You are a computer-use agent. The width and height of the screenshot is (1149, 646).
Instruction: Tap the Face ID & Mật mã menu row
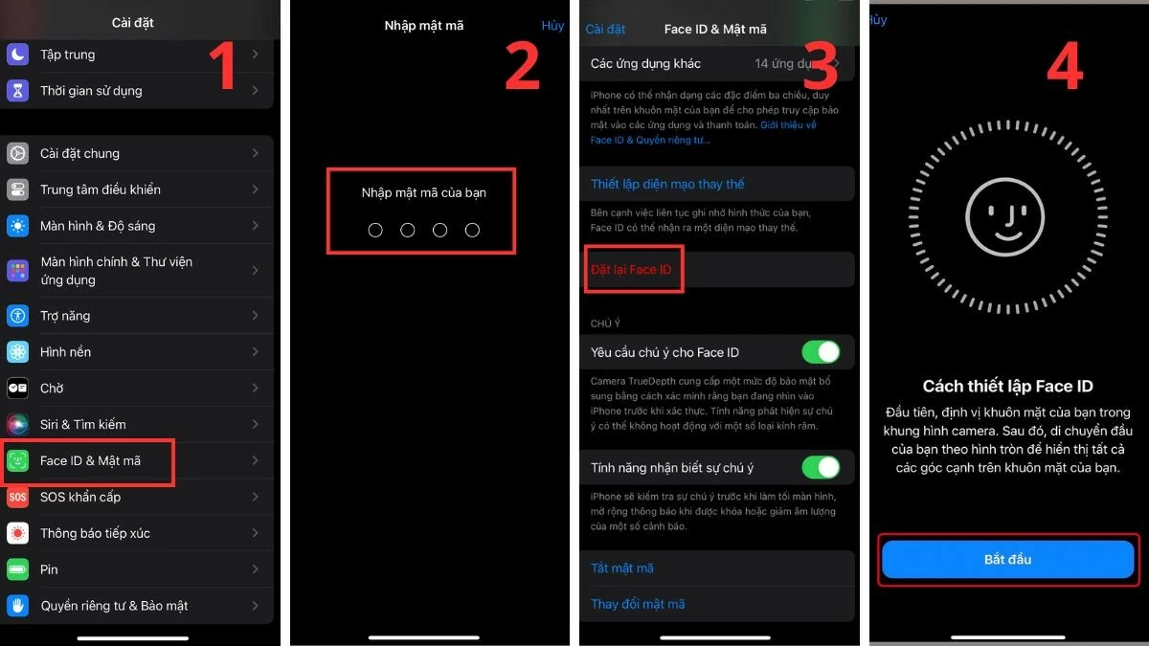pos(90,461)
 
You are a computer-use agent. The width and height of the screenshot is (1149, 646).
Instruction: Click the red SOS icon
pos(17,498)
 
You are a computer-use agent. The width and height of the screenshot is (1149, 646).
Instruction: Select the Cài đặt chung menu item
pos(79,153)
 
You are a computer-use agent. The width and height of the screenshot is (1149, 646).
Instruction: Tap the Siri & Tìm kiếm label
pos(82,425)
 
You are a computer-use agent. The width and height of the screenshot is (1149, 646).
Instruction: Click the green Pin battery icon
pos(17,570)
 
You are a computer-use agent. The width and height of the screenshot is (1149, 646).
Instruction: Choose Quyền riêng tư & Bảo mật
pos(114,606)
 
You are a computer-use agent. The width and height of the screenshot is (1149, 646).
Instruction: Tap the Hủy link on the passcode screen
pos(552,26)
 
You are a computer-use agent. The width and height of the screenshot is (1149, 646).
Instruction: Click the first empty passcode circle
pos(375,231)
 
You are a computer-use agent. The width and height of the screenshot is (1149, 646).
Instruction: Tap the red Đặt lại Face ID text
pos(631,270)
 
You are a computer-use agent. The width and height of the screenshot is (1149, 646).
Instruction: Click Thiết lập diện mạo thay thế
pos(667,184)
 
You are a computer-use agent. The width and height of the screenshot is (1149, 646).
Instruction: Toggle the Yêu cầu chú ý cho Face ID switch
pos(821,352)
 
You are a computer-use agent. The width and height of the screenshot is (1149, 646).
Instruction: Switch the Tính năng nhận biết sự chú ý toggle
pos(821,467)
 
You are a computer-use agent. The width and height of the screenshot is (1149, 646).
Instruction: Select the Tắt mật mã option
pos(622,568)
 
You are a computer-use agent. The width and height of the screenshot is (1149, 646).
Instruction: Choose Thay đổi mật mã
pos(638,605)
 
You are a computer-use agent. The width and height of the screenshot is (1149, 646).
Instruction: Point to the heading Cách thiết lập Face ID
pos(1007,387)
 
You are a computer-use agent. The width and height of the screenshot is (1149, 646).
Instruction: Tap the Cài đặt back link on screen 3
pos(605,30)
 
